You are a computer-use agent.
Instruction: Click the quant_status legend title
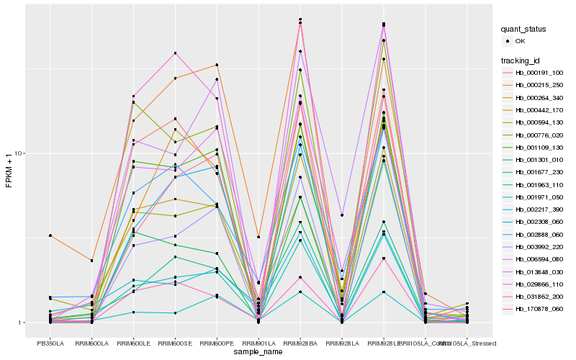coord(523,29)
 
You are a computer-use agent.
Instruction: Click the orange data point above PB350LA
coord(50,235)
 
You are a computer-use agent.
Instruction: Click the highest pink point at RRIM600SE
coord(175,53)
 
